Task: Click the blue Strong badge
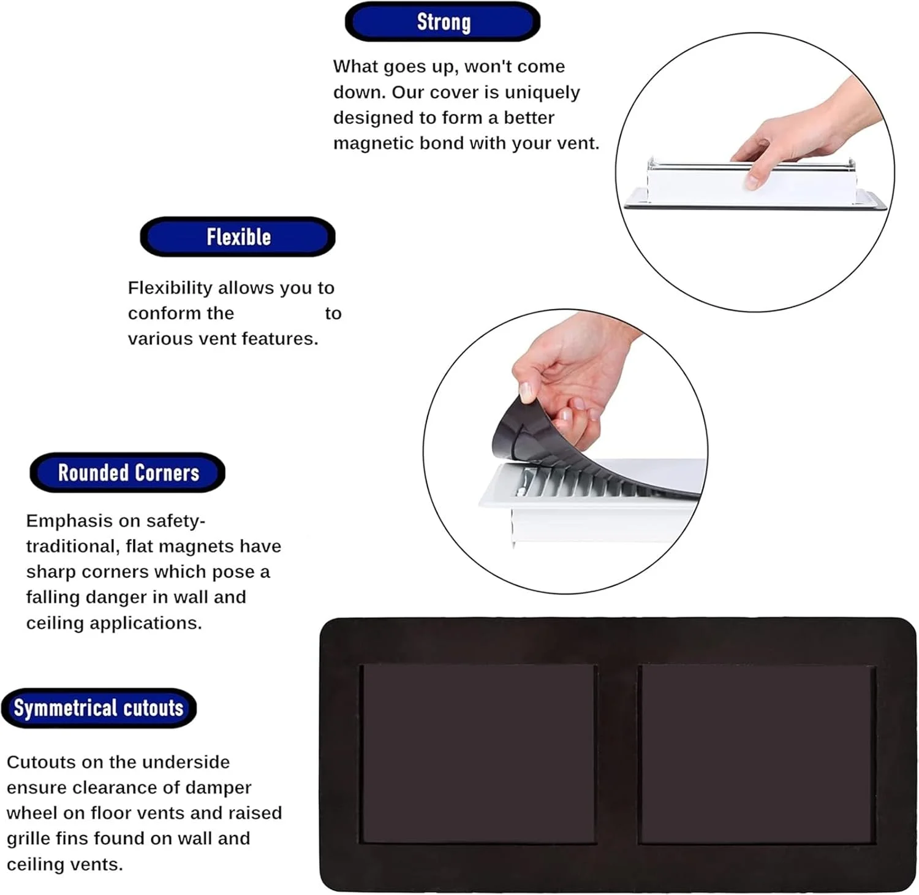point(442,22)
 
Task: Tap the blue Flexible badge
point(238,237)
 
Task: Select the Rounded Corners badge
point(127,473)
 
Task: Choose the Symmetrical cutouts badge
point(99,708)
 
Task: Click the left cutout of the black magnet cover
point(478,754)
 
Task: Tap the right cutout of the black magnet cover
point(757,754)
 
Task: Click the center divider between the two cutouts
point(618,754)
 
